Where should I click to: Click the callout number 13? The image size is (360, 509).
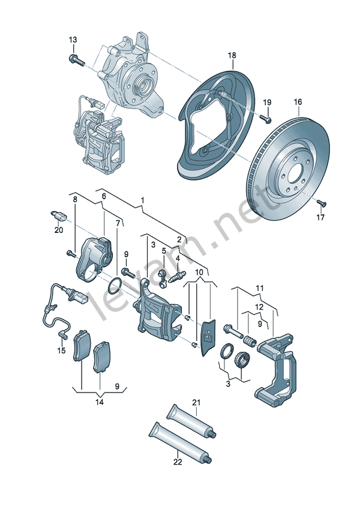coord(73,40)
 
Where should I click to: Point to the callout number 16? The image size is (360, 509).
coord(298,102)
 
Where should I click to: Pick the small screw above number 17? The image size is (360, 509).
coord(320,202)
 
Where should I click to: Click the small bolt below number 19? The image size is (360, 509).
coord(266,120)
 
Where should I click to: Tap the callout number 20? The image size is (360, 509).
coord(58,229)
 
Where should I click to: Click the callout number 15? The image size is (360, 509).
coord(61,350)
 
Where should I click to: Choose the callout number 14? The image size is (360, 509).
coord(100,402)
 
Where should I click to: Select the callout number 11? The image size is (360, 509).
coord(259,289)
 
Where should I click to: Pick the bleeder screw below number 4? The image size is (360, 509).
coord(178,278)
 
